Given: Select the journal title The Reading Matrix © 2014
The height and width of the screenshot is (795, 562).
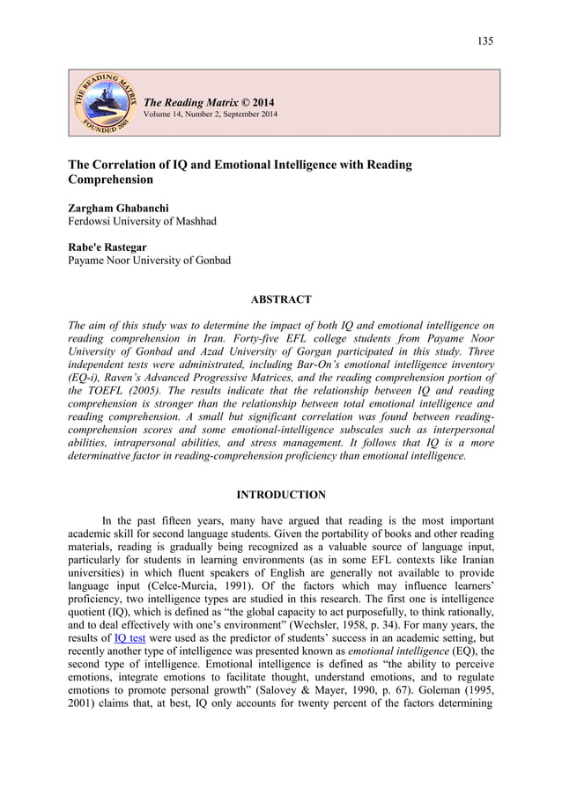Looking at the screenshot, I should [x=209, y=103].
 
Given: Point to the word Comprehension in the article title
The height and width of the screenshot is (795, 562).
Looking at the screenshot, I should [x=111, y=180].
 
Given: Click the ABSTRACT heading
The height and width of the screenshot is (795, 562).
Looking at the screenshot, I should [x=281, y=300].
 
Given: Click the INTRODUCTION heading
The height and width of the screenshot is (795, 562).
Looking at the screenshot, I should [x=281, y=495].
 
